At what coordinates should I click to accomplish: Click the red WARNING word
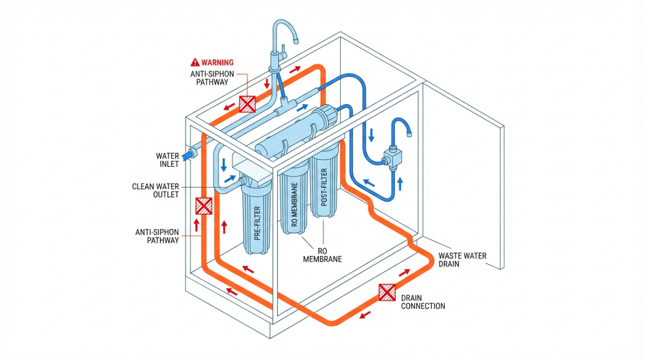click(x=217, y=63)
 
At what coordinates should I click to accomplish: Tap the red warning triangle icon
click(x=195, y=63)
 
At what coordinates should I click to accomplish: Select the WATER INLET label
click(x=167, y=160)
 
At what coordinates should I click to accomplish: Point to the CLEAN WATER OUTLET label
click(x=155, y=190)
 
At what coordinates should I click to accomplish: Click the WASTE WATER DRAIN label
click(x=463, y=259)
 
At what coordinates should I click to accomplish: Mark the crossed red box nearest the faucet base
click(x=247, y=104)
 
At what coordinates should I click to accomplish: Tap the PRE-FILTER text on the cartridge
click(x=258, y=223)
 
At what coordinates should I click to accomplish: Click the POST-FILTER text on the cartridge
click(x=324, y=190)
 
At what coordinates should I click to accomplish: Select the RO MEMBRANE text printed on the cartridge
click(x=295, y=206)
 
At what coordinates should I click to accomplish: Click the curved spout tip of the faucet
click(x=297, y=40)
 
